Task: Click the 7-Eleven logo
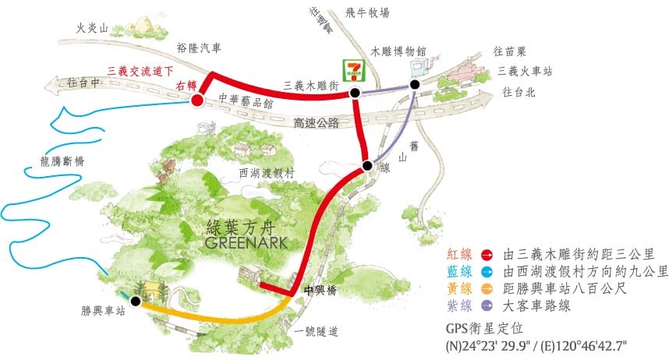356,70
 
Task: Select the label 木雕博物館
398,51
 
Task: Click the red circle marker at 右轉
197,100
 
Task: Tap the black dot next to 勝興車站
136,301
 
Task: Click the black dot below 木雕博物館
415,84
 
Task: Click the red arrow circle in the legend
486,254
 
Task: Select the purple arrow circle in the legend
486,306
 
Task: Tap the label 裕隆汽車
199,48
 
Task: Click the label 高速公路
317,122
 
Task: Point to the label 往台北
518,93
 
